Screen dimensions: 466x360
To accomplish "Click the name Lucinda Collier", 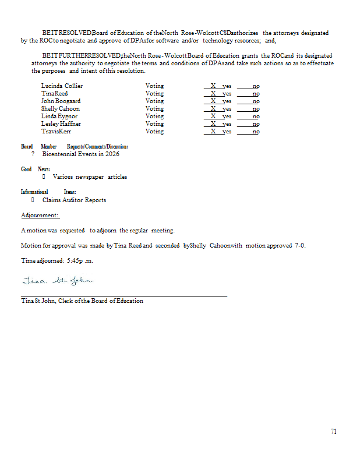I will (x=62, y=86).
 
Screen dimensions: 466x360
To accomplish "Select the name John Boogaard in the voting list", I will (x=61, y=101).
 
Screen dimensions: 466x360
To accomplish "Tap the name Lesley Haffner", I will (x=61, y=124).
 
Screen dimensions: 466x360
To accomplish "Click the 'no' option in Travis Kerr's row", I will (x=256, y=132).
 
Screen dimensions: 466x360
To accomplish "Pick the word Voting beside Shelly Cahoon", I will (x=154, y=109).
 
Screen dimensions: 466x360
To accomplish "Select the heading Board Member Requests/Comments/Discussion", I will (x=74, y=147).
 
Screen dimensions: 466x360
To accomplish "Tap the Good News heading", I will (x=35, y=169).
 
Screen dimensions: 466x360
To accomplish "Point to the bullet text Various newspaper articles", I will (x=90, y=177).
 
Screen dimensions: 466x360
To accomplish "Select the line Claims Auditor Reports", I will (x=74, y=200).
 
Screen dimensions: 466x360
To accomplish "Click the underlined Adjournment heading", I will (x=40, y=216).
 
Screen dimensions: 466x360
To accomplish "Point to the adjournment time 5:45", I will (x=74, y=261).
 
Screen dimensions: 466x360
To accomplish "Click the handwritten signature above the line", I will (x=56, y=282).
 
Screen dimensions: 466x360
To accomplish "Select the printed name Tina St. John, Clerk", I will (x=82, y=301).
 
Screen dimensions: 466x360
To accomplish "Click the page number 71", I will (x=333, y=432).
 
